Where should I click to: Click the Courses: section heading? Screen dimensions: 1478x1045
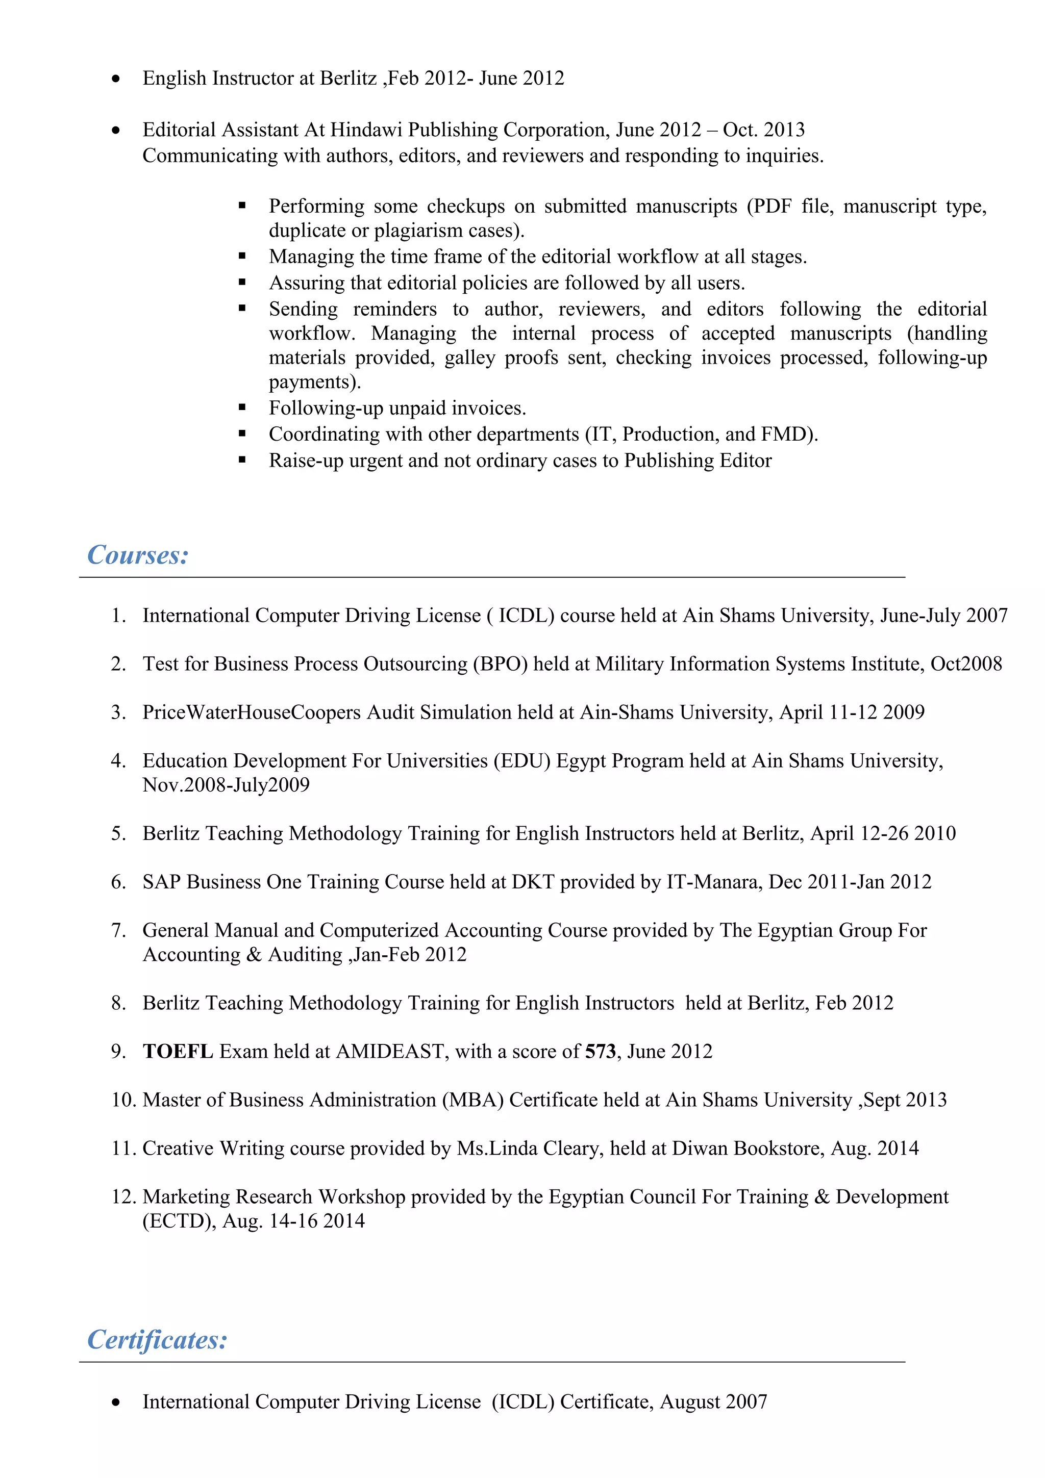click(138, 555)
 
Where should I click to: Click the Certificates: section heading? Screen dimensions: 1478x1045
click(157, 1340)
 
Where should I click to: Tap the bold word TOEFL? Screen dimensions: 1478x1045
click(178, 1051)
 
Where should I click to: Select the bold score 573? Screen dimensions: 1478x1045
click(600, 1051)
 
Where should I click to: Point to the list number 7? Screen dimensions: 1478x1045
click(118, 930)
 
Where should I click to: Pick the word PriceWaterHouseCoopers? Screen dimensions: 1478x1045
click(251, 712)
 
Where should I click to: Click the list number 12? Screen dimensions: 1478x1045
click(123, 1196)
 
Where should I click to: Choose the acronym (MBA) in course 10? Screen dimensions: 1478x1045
click(472, 1100)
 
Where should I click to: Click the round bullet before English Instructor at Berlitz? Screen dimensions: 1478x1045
click(116, 79)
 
